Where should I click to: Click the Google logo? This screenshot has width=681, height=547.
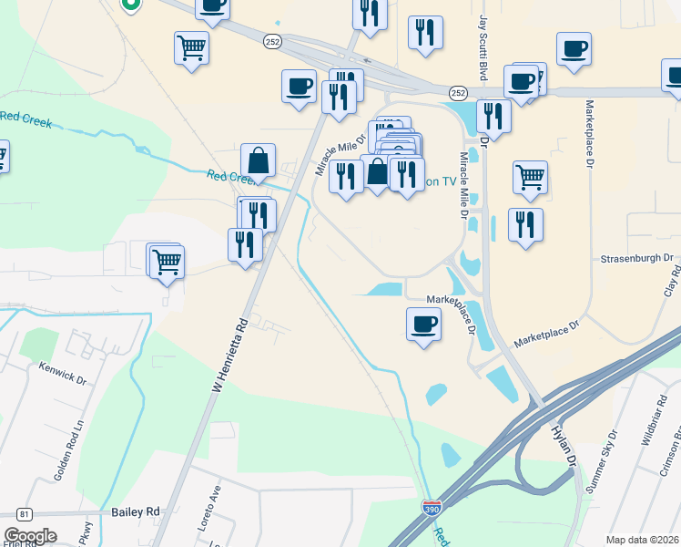[30, 536]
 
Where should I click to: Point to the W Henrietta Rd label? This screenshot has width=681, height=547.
[229, 355]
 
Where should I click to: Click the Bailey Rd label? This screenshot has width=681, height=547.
[136, 514]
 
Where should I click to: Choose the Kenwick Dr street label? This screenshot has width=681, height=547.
[61, 371]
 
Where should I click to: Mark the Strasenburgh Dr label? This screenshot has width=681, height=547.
[635, 259]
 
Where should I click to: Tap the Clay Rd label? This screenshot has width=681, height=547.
[673, 284]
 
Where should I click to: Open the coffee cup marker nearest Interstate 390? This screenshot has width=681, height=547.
[423, 324]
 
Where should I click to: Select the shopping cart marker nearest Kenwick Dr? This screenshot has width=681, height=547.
[166, 262]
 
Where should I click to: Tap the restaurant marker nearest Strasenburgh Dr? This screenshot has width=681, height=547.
[525, 224]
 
